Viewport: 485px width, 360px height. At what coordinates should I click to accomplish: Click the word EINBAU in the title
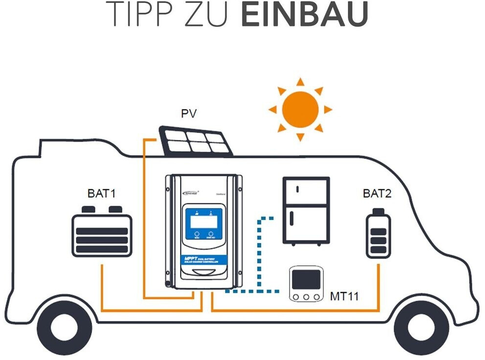coord(304,15)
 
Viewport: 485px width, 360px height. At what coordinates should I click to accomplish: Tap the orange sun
coord(300,110)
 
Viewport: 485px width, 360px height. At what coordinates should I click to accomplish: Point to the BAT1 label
coord(102,193)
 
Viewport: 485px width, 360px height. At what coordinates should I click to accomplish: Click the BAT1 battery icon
coord(102,234)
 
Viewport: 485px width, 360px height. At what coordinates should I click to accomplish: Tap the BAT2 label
coord(377,193)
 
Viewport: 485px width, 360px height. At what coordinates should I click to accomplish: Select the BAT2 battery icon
coord(378,234)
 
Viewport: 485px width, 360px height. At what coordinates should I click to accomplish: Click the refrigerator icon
coord(306,210)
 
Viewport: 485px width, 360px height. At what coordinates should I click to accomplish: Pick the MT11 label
coord(345,296)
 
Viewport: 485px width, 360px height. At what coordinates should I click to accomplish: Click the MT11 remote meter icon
coord(306,284)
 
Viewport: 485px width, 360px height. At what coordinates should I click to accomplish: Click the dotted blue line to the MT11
coord(259,254)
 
